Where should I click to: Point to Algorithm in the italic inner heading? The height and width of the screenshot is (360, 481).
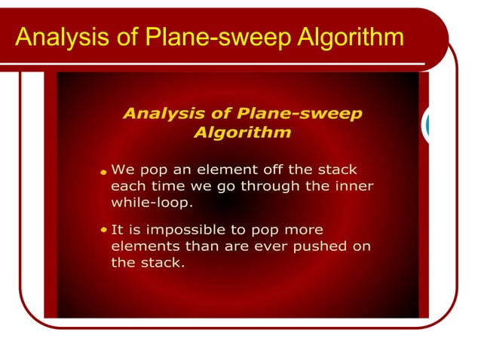click(x=242, y=133)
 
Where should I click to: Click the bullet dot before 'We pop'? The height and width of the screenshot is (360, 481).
click(x=103, y=172)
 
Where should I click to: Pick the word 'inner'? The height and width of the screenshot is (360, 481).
click(x=354, y=186)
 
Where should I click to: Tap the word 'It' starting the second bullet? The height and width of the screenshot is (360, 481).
click(x=118, y=230)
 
